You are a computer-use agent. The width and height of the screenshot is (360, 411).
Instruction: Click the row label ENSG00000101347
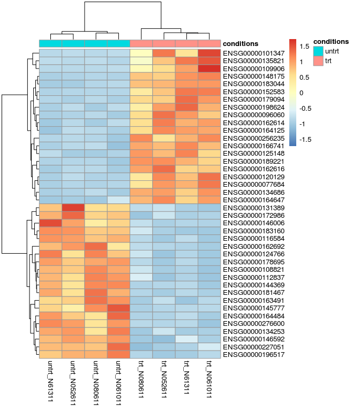coord(253,54)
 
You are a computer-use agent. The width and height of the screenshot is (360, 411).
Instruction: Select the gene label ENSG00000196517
coord(253,354)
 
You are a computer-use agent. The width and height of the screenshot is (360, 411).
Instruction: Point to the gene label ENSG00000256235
coord(253,138)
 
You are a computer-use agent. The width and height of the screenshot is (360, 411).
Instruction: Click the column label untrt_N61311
coord(50,379)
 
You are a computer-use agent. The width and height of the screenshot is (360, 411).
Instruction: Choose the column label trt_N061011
coord(209,379)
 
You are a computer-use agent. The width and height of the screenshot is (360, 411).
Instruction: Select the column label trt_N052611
coord(164,379)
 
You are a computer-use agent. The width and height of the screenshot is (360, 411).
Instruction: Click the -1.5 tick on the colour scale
coord(304,139)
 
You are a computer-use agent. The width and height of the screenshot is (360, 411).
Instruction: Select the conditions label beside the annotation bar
coord(241,43)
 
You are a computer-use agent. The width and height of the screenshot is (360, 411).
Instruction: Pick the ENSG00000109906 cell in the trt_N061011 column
coord(209,69)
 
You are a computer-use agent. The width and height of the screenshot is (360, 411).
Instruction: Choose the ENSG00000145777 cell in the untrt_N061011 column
coord(118,308)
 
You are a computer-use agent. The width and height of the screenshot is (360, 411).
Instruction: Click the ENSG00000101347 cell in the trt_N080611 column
coord(141,54)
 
